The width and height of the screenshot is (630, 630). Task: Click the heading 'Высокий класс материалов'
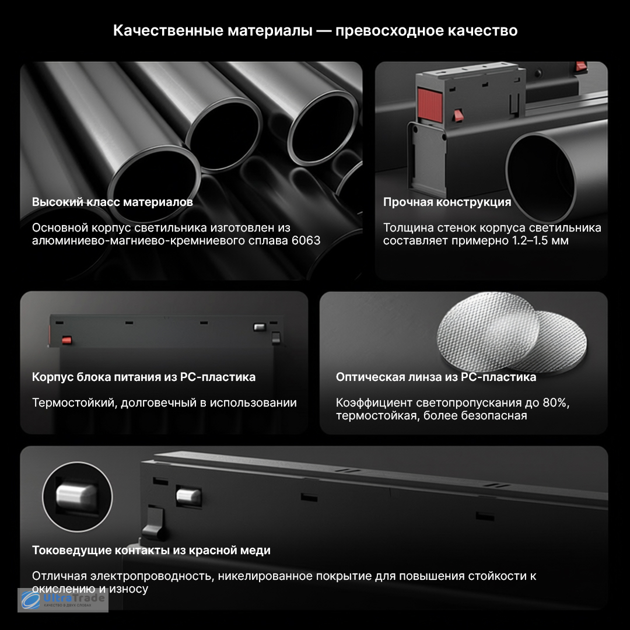[113, 202]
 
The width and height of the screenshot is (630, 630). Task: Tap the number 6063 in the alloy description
[306, 240]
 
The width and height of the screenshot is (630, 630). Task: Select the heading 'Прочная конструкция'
[447, 202]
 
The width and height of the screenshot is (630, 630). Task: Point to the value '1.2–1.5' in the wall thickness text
[528, 240]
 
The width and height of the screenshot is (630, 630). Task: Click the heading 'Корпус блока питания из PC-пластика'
[144, 377]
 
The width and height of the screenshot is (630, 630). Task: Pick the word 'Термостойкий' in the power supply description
[73, 402]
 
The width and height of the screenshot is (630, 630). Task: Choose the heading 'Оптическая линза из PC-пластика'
[436, 377]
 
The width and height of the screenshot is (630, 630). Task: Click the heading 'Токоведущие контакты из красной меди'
[151, 550]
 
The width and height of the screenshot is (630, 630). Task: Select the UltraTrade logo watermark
[63, 600]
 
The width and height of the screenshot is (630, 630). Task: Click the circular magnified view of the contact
[77, 496]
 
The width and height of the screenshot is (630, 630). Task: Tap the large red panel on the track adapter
[430, 104]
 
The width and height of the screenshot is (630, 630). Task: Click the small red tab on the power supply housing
[66, 340]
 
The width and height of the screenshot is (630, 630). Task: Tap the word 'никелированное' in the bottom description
[265, 576]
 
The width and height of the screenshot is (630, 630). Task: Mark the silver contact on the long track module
[188, 496]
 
